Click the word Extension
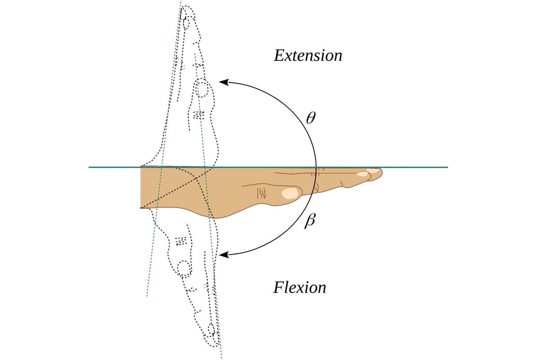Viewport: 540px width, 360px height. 308,56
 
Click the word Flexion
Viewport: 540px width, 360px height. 300,287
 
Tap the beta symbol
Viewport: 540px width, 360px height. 310,222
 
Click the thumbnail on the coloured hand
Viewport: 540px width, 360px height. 291,193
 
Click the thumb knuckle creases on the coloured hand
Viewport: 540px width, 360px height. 261,193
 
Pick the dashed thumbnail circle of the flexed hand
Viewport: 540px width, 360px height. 184,269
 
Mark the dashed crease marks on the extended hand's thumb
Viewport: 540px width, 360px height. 198,115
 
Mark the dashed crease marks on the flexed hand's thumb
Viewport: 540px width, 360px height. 181,241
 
